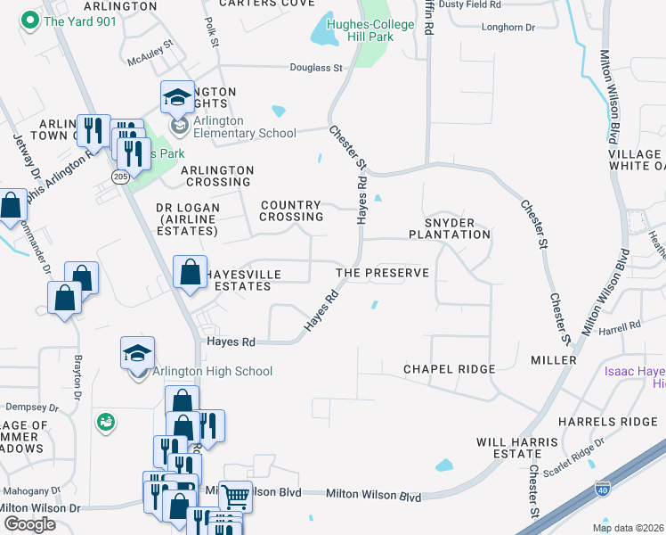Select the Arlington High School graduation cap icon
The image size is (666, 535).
coord(138,354)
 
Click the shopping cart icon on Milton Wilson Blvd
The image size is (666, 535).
coord(235,495)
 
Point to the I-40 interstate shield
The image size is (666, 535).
coord(603,489)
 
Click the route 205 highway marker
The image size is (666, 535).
coord(120,177)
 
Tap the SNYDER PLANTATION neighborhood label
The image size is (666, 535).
coord(450,228)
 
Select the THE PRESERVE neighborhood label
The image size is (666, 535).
coord(382,273)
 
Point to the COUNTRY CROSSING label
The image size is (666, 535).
coord(291,210)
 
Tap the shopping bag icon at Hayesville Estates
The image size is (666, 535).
coord(191,272)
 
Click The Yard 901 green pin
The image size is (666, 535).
coord(30,21)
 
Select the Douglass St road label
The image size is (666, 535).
coord(316,68)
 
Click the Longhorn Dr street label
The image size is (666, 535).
coord(508,28)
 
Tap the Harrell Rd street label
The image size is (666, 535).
coord(620,328)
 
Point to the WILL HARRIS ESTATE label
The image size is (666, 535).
coord(509,448)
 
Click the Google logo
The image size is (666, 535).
coord(29,523)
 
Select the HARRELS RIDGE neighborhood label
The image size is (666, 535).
coord(607,421)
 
